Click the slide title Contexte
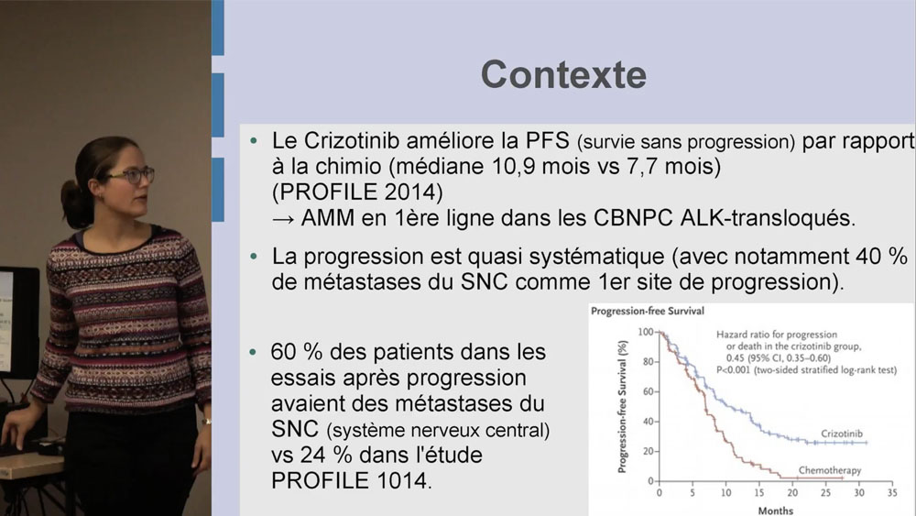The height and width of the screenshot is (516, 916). point(563,75)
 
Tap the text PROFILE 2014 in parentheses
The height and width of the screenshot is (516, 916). point(357,192)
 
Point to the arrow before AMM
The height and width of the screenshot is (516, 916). point(283,219)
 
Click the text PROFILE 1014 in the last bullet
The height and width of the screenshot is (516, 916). point(351,480)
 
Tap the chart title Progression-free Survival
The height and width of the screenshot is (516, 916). point(648,312)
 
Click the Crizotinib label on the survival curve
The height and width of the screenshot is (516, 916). point(841,434)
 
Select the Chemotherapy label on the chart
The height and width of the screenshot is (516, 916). point(830,470)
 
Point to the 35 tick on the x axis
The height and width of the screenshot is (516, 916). point(892,492)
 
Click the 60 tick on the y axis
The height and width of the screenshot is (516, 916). point(648,391)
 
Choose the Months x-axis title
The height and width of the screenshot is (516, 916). point(776,511)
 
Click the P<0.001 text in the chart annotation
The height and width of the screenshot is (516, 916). point(733,370)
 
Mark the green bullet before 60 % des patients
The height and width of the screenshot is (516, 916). point(253,352)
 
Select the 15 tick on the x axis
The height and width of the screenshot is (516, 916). point(758,492)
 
